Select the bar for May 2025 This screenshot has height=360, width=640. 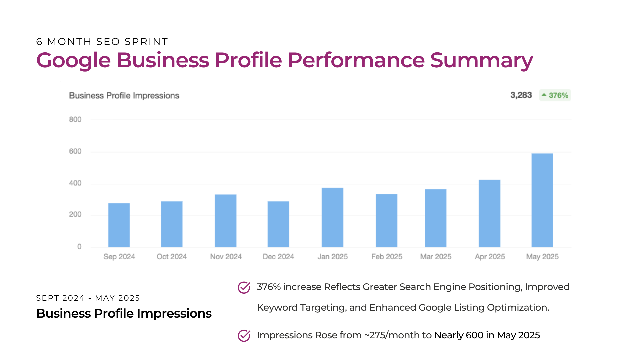point(542,200)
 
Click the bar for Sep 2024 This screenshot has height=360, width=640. point(119,225)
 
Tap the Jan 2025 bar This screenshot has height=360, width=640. point(332,217)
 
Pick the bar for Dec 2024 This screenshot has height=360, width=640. point(278,224)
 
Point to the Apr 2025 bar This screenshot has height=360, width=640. point(489,213)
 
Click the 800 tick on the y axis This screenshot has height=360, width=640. point(75,119)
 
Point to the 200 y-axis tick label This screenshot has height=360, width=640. point(75,214)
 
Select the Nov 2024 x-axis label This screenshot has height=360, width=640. point(226,257)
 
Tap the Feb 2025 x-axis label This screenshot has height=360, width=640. point(387,257)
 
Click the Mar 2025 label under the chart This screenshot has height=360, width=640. point(436,257)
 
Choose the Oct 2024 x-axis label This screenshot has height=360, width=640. point(172,257)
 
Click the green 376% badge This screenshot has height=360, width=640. point(555,95)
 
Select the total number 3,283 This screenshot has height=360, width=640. point(521,95)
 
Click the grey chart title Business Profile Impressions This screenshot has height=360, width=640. point(124,96)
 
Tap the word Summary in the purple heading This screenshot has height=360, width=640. point(482,61)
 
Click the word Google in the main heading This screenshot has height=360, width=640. point(73,61)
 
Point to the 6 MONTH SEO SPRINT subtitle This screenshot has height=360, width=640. point(102,42)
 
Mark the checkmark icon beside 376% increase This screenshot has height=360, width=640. point(244,287)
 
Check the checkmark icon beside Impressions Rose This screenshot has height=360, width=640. point(244,335)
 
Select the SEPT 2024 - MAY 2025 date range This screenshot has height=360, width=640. point(88,298)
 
